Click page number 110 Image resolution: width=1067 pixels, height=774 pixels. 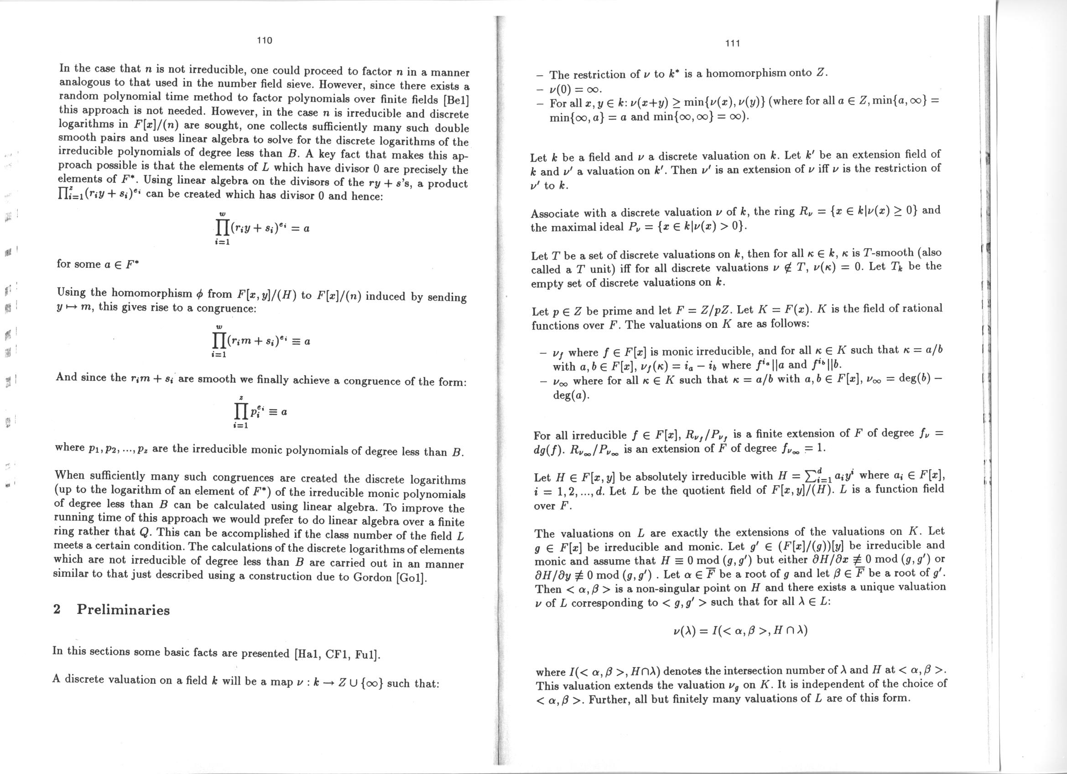[x=265, y=41]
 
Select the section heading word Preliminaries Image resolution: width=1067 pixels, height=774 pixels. [x=123, y=610]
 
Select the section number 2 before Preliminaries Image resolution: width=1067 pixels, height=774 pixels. [x=57, y=609]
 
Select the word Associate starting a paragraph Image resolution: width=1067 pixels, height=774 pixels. [x=555, y=213]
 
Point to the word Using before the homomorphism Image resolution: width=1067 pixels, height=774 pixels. [x=72, y=292]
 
